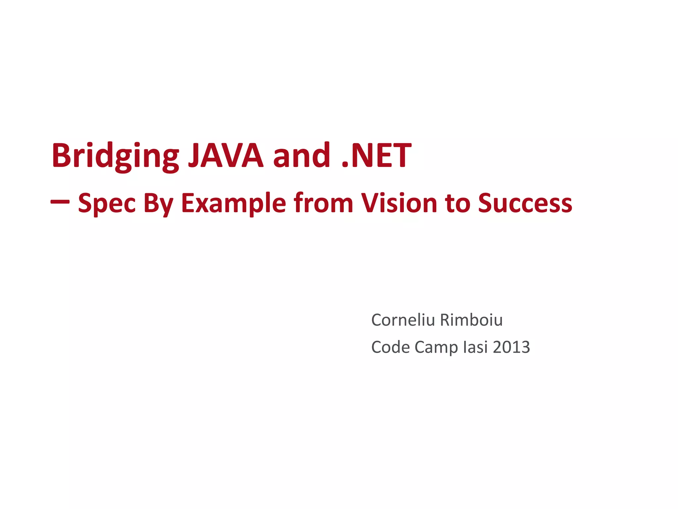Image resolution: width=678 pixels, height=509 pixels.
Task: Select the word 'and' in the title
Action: click(x=301, y=155)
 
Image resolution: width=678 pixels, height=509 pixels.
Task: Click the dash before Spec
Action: click(x=60, y=201)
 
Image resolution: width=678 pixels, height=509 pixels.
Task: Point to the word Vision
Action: click(x=399, y=203)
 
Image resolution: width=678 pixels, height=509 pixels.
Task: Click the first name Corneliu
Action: click(x=403, y=320)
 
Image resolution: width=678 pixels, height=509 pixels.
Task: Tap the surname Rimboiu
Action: click(x=471, y=320)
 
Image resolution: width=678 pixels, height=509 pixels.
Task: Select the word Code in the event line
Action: click(x=391, y=347)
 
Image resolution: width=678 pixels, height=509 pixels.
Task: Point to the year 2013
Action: click(x=511, y=347)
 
